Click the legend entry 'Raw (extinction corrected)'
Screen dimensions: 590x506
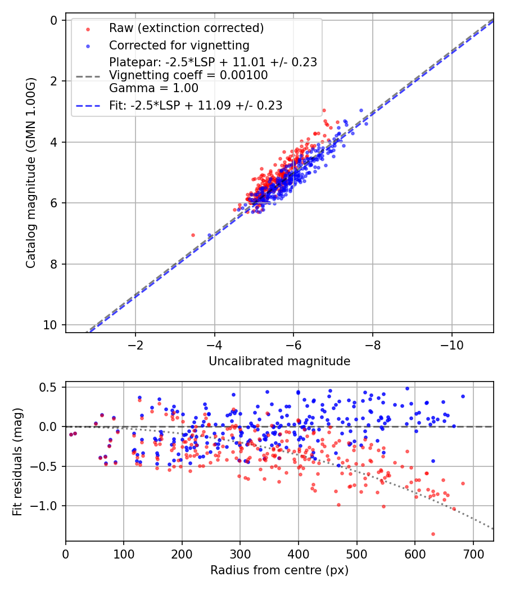pos(186,28)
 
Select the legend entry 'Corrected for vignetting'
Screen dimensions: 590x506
pos(179,45)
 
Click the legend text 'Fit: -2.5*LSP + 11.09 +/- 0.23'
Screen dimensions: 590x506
pos(195,105)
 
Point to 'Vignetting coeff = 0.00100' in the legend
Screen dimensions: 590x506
pos(188,75)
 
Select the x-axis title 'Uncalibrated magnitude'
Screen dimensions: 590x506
pos(279,361)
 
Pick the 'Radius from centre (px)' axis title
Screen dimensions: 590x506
pos(279,570)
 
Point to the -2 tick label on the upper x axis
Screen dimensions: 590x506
pos(135,346)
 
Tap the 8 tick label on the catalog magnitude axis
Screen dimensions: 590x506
pos(54,264)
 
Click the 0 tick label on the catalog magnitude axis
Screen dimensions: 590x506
pos(54,20)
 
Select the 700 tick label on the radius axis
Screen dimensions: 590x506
pos(473,555)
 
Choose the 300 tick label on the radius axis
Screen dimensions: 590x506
pos(240,555)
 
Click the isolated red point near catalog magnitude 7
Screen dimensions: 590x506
pos(193,235)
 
